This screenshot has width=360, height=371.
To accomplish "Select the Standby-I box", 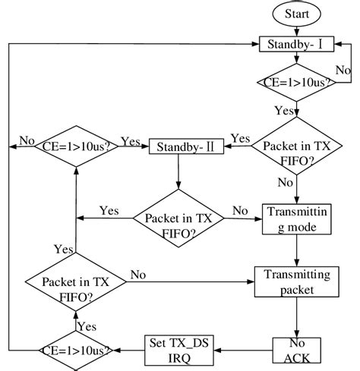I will pyautogui.click(x=296, y=45).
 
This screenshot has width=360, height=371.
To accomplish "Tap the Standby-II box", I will pyautogui.click(x=185, y=144).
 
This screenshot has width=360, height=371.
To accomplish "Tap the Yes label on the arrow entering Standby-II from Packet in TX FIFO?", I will pyautogui.click(x=240, y=138).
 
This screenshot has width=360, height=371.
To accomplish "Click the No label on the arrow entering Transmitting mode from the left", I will pyautogui.click(x=240, y=210).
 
